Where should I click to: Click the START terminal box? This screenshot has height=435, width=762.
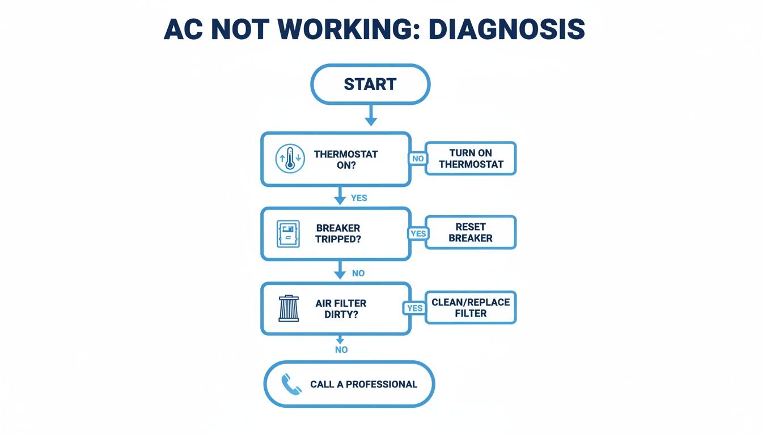370,84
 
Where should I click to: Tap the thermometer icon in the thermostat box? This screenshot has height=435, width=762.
290,159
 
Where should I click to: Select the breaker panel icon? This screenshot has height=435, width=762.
288,234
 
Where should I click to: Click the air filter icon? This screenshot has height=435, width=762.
289,309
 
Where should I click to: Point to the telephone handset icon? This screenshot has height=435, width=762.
292,384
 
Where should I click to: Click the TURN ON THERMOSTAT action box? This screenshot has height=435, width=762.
471,159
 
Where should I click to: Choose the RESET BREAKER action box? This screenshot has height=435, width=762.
471,232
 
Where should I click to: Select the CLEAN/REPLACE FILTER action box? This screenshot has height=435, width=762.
471,307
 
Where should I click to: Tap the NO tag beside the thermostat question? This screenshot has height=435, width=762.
418,159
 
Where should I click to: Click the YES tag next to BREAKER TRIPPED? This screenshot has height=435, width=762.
418,233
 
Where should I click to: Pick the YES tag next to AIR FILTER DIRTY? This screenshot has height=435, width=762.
414,308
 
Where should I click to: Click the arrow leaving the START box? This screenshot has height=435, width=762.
370,116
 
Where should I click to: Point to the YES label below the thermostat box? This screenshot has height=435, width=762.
359,198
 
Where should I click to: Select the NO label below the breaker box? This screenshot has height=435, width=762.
358,273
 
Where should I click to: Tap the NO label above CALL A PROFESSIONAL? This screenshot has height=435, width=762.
341,349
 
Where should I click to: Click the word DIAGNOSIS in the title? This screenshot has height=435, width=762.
507,29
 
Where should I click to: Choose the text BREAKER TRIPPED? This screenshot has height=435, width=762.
338,233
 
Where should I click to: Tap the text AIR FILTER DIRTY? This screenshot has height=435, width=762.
341,309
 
